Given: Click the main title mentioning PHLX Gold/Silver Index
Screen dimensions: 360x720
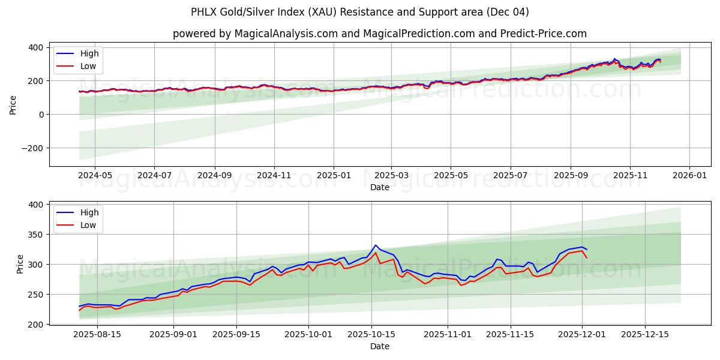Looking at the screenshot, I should coord(359,12).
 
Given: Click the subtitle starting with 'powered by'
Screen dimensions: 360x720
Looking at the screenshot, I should coord(379,34).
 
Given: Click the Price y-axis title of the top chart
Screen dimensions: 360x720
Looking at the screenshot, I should coord(13,104).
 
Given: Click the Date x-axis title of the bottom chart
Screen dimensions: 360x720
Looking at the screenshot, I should coord(379,346).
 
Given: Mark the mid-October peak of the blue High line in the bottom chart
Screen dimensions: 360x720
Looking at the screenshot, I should coord(376,245).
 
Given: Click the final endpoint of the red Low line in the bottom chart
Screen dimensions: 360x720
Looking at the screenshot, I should coord(586,258).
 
